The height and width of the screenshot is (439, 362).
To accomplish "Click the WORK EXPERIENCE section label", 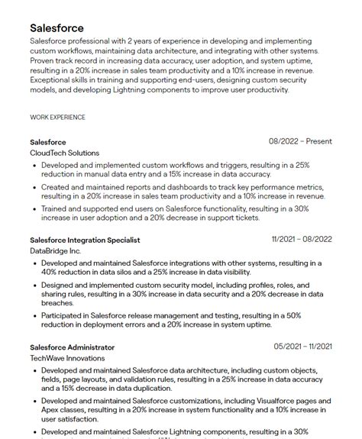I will point(57,118).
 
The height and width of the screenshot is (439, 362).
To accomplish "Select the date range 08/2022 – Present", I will point(300,141).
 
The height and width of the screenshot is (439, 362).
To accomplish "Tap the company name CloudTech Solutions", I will point(64,153).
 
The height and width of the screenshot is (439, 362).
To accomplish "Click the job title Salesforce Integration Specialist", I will point(85,240).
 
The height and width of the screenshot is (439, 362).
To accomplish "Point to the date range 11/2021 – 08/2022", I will point(302,239).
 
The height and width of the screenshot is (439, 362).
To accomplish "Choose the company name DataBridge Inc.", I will point(55,250).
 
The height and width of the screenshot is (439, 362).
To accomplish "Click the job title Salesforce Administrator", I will point(72,347).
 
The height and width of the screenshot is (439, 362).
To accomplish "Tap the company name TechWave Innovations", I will point(67,357).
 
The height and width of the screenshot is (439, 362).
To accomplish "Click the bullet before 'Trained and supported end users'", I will point(35,208).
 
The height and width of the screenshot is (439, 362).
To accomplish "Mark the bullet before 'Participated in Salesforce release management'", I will point(35,315).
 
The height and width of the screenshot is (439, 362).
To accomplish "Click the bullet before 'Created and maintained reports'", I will point(35,187).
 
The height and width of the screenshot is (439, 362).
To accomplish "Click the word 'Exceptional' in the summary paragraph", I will point(53,79).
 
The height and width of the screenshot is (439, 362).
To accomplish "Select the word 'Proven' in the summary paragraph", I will point(44,60).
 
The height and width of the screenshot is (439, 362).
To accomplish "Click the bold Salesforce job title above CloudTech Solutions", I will point(48,142).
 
